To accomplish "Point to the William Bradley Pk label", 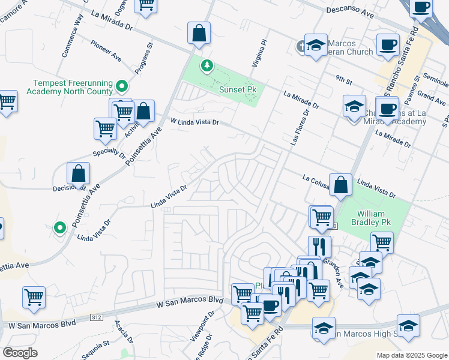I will click(x=375, y=218).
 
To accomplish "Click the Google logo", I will click(x=20, y=353).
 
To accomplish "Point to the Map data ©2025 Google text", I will click(x=411, y=355).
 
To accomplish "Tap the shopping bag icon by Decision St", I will click(x=79, y=174).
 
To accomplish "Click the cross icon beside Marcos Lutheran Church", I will click(x=301, y=46).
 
